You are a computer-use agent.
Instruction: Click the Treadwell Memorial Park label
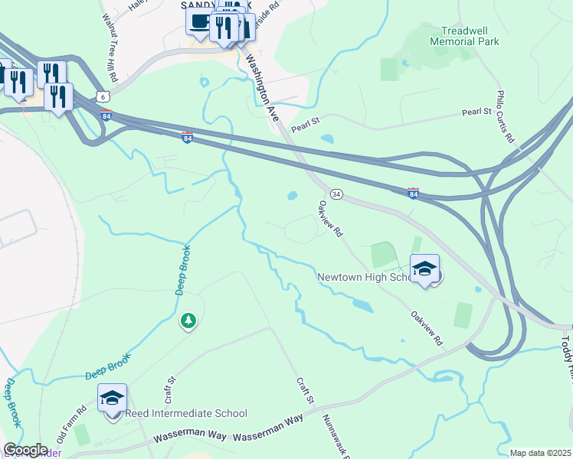pyautogui.click(x=464, y=35)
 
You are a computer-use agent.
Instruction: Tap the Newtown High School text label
pyautogui.click(x=365, y=277)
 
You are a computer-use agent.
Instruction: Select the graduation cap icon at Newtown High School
pyautogui.click(x=424, y=269)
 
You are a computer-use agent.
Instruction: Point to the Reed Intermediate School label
pyautogui.click(x=186, y=413)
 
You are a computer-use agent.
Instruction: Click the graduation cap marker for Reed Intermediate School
pyautogui.click(x=112, y=398)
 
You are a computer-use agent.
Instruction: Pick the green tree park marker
pyautogui.click(x=188, y=321)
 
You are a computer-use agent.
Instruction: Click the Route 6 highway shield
pyautogui.click(x=103, y=96)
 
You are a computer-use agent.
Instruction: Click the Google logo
pyautogui.click(x=25, y=450)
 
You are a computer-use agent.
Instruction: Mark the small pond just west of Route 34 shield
pyautogui.click(x=292, y=196)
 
